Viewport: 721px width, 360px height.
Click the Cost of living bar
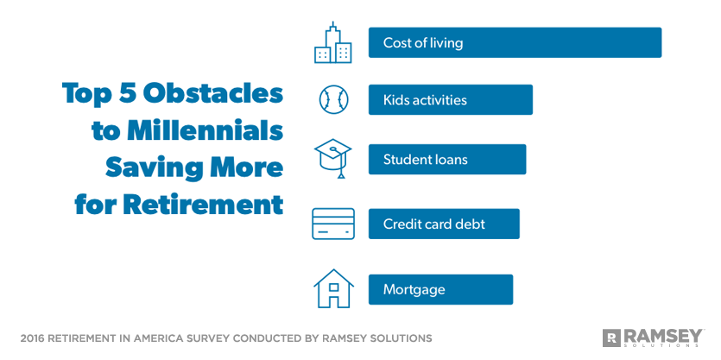tap(515, 42)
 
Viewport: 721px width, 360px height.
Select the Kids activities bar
tap(450, 100)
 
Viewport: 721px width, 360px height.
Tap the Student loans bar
tap(446, 160)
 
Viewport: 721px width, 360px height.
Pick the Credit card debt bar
tap(444, 224)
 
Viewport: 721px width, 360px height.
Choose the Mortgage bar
tap(440, 289)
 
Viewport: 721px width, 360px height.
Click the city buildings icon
tap(332, 43)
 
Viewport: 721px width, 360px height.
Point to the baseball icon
tap(332, 100)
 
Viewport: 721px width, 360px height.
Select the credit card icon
tap(332, 224)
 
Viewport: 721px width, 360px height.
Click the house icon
tap(332, 289)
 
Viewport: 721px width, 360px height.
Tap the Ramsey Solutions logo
tap(653, 337)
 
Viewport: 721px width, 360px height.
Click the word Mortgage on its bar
tap(414, 289)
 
